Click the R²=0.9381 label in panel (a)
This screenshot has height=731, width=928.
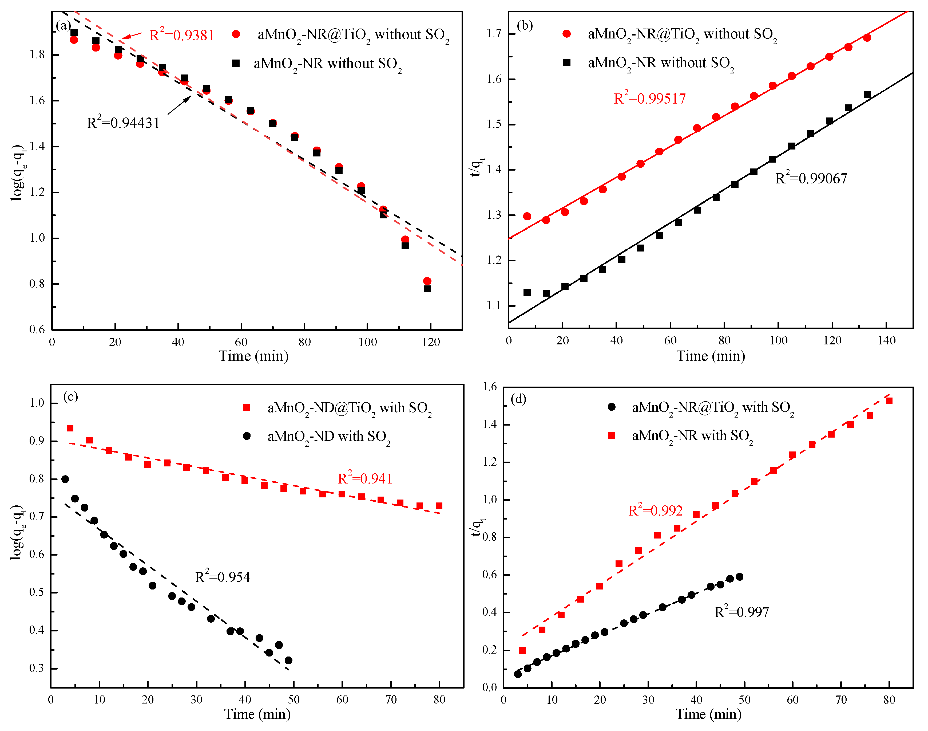[182, 35]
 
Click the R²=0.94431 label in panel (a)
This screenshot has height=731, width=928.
[123, 123]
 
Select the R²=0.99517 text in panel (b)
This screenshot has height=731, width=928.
[650, 99]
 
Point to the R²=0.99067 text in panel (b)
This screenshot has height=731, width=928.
[811, 178]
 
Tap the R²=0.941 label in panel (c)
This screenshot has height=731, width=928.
[365, 478]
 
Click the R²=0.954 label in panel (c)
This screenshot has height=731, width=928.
[222, 577]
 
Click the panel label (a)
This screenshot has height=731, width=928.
[63, 26]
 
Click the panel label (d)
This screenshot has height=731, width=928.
[518, 399]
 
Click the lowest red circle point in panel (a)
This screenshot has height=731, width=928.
[427, 281]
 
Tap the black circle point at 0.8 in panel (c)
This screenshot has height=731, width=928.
[65, 479]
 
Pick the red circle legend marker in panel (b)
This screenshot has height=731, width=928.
[567, 34]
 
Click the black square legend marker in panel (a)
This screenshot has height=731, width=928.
[236, 63]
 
